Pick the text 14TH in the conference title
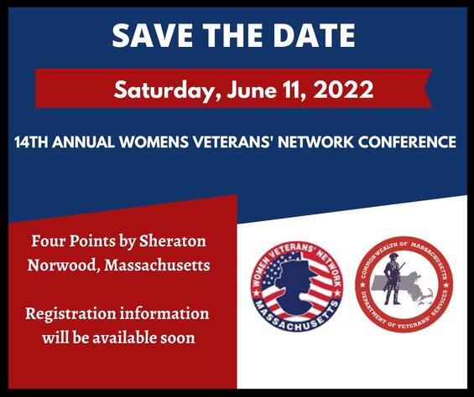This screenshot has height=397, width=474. pyautogui.click(x=32, y=142)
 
